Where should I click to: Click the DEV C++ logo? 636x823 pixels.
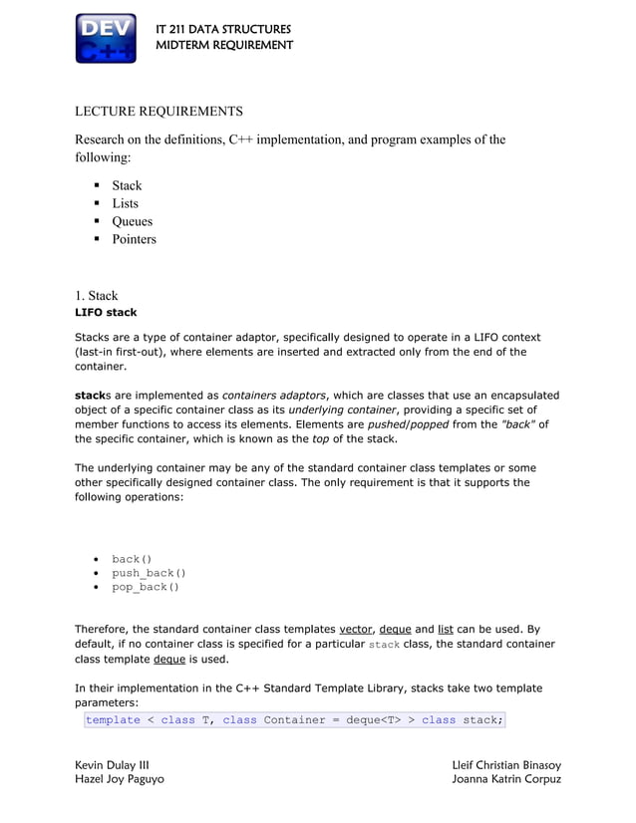click(x=106, y=39)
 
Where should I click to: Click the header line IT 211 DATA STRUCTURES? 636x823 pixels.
click(x=223, y=29)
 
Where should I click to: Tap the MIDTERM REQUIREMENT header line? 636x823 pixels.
click(x=224, y=45)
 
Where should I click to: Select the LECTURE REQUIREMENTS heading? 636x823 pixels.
click(x=159, y=111)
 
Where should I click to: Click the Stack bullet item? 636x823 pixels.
click(x=127, y=185)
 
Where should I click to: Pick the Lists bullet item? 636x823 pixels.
click(x=125, y=203)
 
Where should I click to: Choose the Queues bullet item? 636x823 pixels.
click(x=132, y=221)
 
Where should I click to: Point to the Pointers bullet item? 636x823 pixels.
click(x=134, y=239)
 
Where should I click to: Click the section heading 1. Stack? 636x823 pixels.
click(x=96, y=295)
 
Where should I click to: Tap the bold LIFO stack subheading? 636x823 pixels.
click(x=106, y=313)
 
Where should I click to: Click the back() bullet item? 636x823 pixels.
click(x=132, y=559)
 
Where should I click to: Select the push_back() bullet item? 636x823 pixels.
click(x=149, y=573)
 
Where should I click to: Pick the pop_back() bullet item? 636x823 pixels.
click(x=146, y=587)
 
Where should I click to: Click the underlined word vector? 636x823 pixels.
click(x=356, y=630)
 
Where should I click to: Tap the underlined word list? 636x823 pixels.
click(x=446, y=630)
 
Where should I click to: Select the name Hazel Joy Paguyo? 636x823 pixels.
click(x=120, y=779)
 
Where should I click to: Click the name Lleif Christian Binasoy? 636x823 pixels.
click(x=505, y=764)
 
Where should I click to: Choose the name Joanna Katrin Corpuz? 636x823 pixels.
click(x=506, y=779)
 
